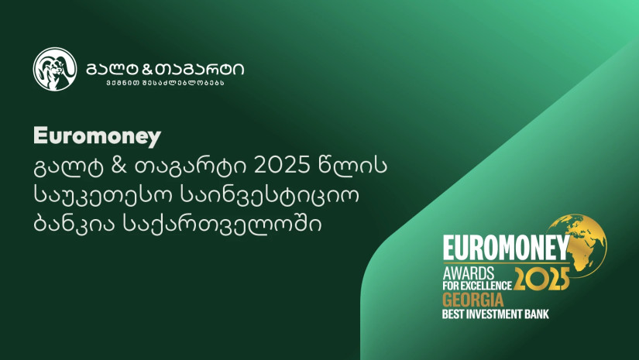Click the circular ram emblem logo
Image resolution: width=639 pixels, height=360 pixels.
pyautogui.click(x=55, y=69)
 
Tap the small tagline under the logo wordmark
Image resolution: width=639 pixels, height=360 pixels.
pyautogui.click(x=166, y=83)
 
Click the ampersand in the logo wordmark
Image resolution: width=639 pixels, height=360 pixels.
pyautogui.click(x=147, y=70)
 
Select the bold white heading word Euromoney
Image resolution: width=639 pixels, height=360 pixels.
pyautogui.click(x=97, y=136)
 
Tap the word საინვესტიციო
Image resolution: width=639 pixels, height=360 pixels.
pyautogui.click(x=270, y=195)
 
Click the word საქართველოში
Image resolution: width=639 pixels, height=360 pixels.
pyautogui.click(x=222, y=224)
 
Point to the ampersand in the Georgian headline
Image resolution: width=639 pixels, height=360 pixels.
pyautogui.click(x=119, y=166)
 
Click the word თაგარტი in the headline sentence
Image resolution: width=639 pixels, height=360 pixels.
pyautogui.click(x=190, y=166)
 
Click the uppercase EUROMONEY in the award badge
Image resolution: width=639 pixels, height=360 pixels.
pyautogui.click(x=506, y=248)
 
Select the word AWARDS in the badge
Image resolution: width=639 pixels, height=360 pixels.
pyautogui.click(x=469, y=273)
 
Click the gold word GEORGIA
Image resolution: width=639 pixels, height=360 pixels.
pyautogui.click(x=473, y=300)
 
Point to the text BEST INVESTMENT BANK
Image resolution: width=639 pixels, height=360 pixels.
pyautogui.click(x=496, y=314)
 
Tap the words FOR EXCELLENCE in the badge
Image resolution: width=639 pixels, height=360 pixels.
pyautogui.click(x=477, y=286)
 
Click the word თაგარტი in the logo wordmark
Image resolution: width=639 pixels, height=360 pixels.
pyautogui.click(x=200, y=70)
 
